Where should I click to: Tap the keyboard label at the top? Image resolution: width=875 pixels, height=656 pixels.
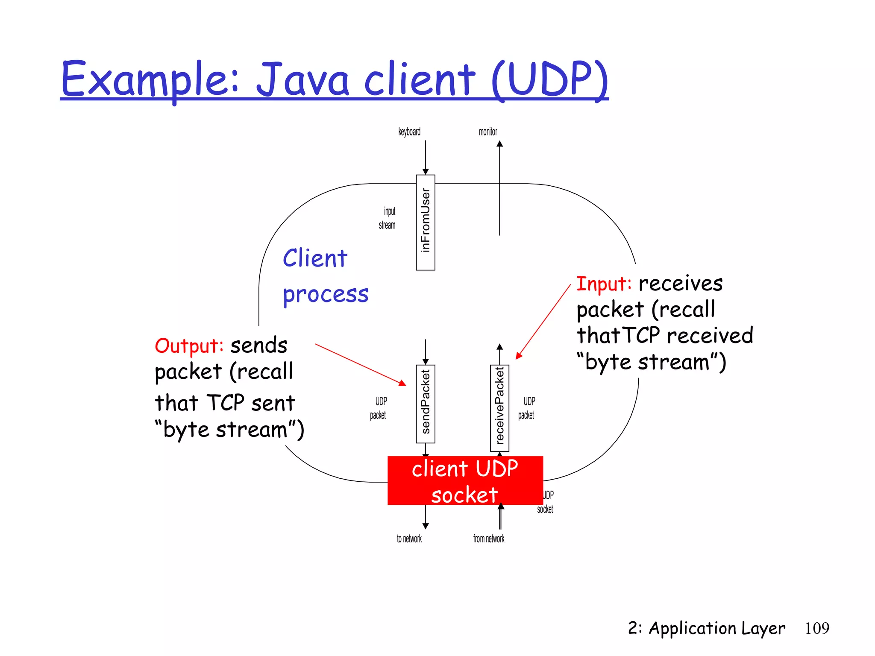click(409, 132)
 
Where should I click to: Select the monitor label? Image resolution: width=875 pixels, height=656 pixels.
click(488, 132)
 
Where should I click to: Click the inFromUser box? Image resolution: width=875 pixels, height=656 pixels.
click(426, 222)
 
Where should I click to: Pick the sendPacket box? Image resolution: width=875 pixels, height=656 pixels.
click(426, 404)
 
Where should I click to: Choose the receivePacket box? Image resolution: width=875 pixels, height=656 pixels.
click(499, 408)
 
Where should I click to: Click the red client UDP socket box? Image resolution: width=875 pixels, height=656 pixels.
click(465, 480)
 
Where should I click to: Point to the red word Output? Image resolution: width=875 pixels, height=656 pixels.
click(189, 346)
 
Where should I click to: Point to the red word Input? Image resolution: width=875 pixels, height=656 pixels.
click(604, 284)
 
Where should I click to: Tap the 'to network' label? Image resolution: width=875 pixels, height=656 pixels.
click(409, 539)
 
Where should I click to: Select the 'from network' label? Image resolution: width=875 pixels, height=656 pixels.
click(488, 539)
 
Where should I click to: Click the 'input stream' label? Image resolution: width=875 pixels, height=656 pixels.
click(388, 218)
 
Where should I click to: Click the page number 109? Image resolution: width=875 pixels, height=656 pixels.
click(817, 628)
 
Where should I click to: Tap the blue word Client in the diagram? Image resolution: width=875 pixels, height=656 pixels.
click(315, 258)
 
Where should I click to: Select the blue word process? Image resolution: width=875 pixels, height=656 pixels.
click(326, 295)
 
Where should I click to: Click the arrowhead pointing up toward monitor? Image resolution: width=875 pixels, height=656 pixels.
click(499, 144)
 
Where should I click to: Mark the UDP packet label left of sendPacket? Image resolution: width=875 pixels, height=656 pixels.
click(379, 408)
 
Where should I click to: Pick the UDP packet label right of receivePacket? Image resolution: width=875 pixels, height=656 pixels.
click(527, 408)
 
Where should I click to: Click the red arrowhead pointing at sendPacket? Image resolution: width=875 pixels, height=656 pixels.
click(402, 383)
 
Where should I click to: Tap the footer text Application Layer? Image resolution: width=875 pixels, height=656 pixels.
click(716, 628)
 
